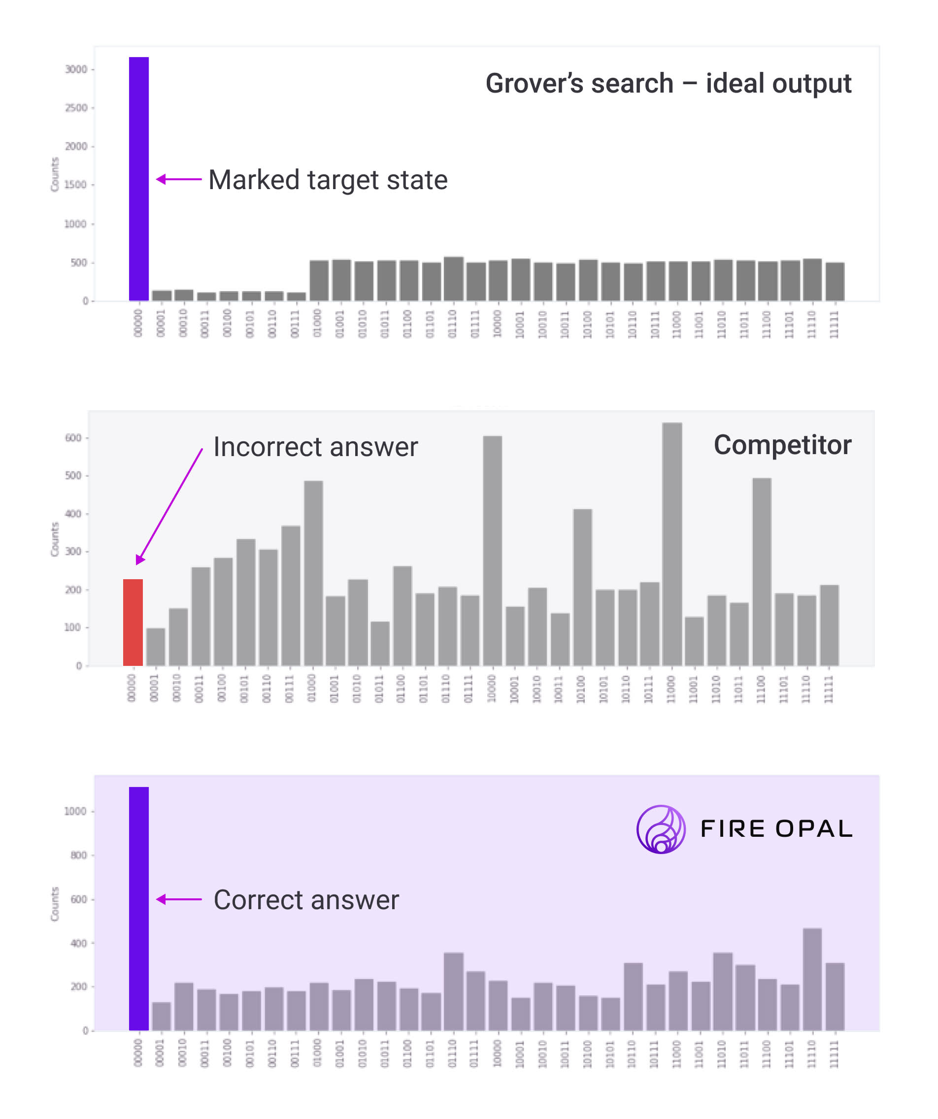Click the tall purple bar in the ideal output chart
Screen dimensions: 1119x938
coord(138,178)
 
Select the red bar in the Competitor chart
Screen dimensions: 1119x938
coord(133,622)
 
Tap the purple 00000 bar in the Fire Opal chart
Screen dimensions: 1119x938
coord(138,909)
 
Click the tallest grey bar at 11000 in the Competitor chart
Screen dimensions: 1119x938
coord(672,544)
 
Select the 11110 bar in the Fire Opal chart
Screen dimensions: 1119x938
coord(812,980)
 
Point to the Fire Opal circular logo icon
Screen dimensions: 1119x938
coord(661,829)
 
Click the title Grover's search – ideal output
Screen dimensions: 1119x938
coord(668,84)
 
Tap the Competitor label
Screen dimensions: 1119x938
coord(782,445)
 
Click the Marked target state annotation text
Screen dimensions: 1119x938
coord(328,180)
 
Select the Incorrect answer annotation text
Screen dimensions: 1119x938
coord(315,447)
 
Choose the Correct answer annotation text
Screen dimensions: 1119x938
coord(306,900)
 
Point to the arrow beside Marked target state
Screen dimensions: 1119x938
coord(178,179)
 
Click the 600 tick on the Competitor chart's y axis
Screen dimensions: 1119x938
coord(73,438)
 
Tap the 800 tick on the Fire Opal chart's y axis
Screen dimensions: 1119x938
coord(78,855)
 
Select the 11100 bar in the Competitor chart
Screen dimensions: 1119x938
coord(762,572)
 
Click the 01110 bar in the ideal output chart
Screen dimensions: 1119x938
coord(454,279)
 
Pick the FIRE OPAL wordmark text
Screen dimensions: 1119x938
coord(776,829)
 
